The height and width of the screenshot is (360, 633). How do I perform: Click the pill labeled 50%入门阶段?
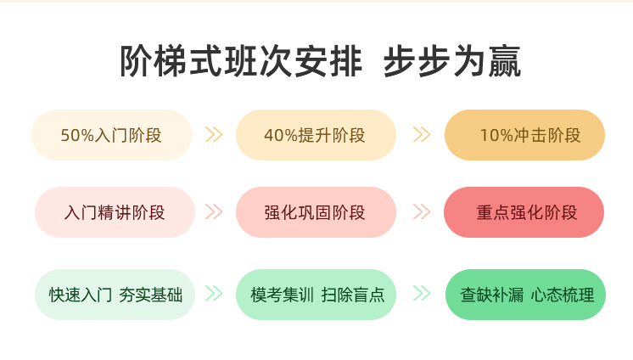[111, 135]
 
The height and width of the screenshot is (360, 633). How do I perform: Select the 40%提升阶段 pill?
[316, 135]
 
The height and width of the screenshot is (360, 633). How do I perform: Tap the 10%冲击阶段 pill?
[524, 135]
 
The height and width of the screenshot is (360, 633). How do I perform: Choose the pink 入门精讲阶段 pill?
[115, 212]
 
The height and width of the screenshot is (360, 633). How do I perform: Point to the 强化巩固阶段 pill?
[316, 212]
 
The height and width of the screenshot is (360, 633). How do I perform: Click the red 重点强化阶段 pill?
[524, 212]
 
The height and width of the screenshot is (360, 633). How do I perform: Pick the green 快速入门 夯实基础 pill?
[115, 295]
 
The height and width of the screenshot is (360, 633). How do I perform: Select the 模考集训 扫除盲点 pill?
[316, 295]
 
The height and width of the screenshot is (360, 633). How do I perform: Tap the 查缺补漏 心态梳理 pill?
[525, 295]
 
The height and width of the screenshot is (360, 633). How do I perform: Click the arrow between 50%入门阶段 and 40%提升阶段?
[214, 134]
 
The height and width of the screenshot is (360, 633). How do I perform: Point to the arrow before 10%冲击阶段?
[422, 134]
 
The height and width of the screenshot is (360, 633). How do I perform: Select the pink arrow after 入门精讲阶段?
[214, 211]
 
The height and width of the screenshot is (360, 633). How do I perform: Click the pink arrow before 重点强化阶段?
[422, 211]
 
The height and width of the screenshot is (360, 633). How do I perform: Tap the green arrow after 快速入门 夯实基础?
[214, 293]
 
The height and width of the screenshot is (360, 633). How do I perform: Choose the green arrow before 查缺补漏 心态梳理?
[422, 293]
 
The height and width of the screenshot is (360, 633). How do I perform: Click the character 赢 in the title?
[505, 61]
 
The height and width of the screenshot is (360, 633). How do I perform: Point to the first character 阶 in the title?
[137, 61]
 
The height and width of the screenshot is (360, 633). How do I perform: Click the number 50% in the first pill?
[77, 135]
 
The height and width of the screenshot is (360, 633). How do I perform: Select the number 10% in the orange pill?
[496, 135]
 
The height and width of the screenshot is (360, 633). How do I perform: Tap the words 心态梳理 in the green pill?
[563, 295]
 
